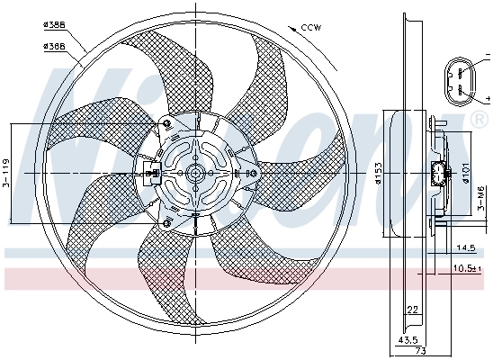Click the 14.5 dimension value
pyautogui.click(x=466, y=247)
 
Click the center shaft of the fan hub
pyautogui.click(x=194, y=174)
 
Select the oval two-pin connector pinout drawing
pyautogui.click(x=459, y=78)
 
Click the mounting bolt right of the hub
pyautogui.click(x=251, y=174)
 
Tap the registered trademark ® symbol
pyautogui.click(x=474, y=118)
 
